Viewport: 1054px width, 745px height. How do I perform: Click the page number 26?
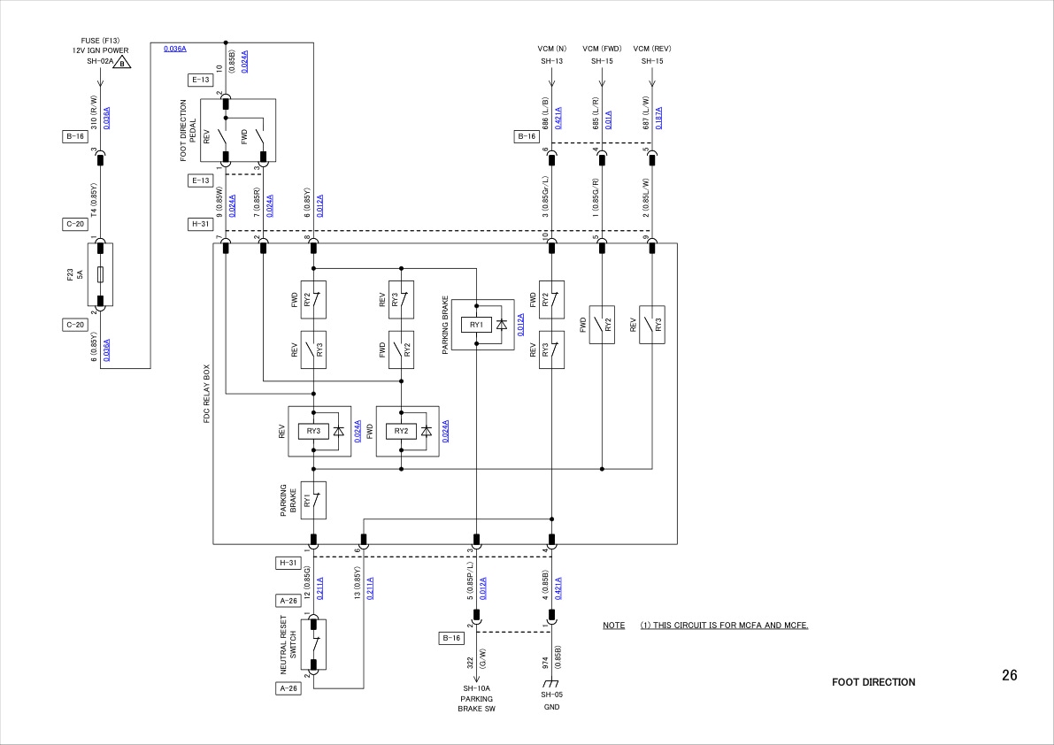1009,676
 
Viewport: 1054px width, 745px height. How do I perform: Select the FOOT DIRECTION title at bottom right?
873,682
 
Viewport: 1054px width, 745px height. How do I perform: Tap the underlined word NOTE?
613,626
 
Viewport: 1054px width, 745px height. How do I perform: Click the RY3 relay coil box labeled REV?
312,431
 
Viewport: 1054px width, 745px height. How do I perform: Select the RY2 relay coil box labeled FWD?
401,431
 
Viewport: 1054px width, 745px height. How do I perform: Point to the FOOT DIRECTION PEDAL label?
188,130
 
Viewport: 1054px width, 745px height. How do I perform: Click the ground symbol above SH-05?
551,684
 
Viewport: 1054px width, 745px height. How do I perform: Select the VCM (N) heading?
551,48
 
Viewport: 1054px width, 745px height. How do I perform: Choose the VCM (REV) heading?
652,48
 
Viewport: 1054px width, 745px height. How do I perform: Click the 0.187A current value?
658,118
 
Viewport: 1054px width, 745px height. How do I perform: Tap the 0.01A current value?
608,119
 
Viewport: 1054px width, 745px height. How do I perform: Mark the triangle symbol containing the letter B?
122,62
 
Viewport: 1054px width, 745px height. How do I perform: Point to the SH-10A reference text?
476,688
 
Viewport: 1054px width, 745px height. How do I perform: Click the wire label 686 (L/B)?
546,112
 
